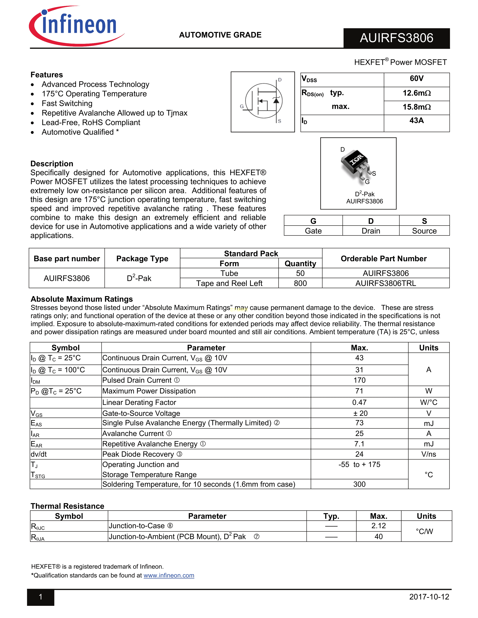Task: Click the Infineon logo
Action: [x=76, y=26]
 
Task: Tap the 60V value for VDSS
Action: [x=417, y=78]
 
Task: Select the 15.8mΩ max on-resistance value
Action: [x=417, y=107]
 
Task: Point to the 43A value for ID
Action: [x=417, y=121]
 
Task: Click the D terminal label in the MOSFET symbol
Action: [x=280, y=80]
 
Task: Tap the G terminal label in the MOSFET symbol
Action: [x=242, y=106]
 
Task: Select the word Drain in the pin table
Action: [x=371, y=231]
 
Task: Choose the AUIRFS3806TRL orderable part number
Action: [x=386, y=283]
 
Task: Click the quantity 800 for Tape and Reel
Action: [x=300, y=283]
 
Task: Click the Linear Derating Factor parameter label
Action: [x=139, y=402]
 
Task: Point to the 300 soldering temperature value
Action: [x=359, y=484]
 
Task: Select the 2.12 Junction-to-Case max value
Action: [x=379, y=526]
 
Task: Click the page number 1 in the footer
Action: [x=40, y=597]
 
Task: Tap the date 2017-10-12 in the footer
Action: [x=429, y=597]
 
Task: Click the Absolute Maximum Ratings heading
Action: [x=82, y=299]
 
